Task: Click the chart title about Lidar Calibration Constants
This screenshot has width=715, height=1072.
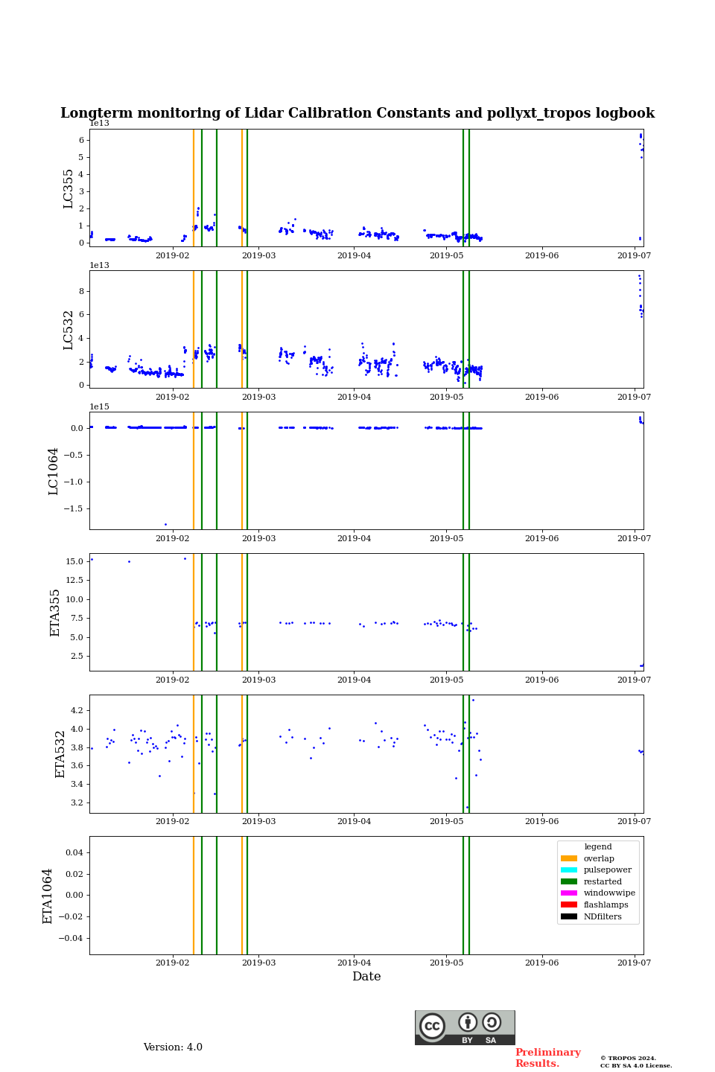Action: pyautogui.click(x=357, y=113)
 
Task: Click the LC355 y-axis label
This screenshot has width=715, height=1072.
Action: pyautogui.click(x=69, y=188)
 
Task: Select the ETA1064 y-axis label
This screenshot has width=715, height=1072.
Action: pyautogui.click(x=48, y=896)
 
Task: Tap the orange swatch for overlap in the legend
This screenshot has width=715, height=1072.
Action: pyautogui.click(x=569, y=858)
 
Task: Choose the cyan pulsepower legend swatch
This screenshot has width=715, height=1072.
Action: pyautogui.click(x=569, y=870)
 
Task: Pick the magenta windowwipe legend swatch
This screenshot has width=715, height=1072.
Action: pyautogui.click(x=569, y=893)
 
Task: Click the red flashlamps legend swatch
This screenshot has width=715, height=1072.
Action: pyautogui.click(x=569, y=905)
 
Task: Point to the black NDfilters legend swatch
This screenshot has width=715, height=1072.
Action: pyautogui.click(x=569, y=916)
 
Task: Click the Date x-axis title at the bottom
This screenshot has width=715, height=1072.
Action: pyautogui.click(x=366, y=977)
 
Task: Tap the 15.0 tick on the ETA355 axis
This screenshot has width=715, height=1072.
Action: pyautogui.click(x=74, y=561)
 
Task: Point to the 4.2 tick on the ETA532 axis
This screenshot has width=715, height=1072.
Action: pyautogui.click(x=77, y=710)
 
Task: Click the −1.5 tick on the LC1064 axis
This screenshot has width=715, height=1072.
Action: pyautogui.click(x=72, y=508)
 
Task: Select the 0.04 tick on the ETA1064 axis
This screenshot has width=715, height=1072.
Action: pyautogui.click(x=74, y=852)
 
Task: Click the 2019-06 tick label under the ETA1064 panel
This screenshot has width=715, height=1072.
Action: pyautogui.click(x=541, y=963)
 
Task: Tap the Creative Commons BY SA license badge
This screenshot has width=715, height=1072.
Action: pyautogui.click(x=465, y=1027)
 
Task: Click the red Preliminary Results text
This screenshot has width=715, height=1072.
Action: pyautogui.click(x=547, y=1058)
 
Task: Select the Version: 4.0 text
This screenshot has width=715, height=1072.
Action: pyautogui.click(x=173, y=1047)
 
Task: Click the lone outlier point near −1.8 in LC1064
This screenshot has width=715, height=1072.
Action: pyautogui.click(x=165, y=524)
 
